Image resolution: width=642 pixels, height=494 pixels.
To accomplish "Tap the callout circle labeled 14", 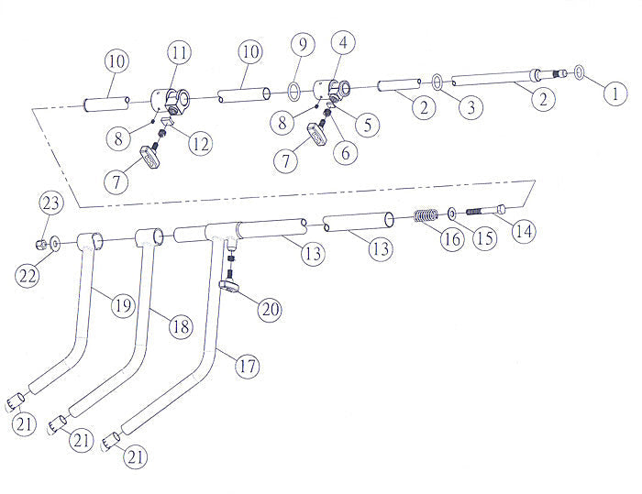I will point(523,231).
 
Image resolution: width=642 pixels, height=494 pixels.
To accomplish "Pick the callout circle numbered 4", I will point(343,42).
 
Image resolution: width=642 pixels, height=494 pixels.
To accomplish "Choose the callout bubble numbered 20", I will point(269,310).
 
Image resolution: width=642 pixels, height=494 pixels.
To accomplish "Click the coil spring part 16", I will point(425,217).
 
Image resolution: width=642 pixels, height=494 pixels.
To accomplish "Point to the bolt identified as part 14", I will point(485,211).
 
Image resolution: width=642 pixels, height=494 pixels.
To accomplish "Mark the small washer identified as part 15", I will point(453,214).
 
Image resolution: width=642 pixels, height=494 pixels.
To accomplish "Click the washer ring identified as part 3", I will point(438,82).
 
